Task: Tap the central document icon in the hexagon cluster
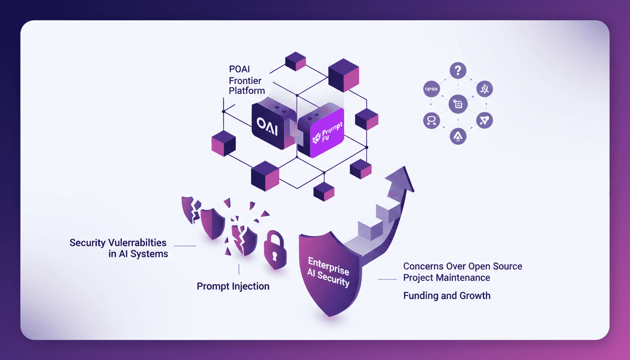tap(458, 104)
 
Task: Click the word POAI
tap(240, 70)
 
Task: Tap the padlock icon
tap(275, 250)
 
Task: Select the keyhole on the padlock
tap(275, 256)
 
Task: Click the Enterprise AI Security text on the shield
tap(328, 271)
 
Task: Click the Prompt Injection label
tap(233, 286)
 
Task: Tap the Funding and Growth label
tap(447, 296)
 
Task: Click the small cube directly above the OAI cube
tap(295, 62)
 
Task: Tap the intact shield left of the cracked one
tap(213, 223)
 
